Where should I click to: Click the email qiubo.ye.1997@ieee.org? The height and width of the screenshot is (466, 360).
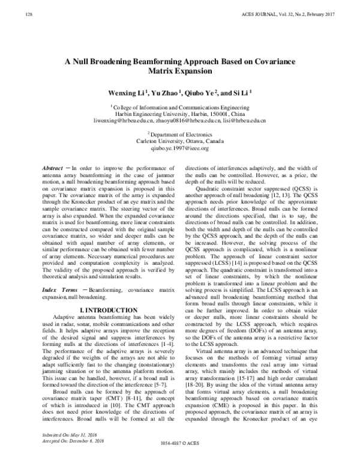tap(179, 148)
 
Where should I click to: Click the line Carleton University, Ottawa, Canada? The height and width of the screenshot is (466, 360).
tap(179, 141)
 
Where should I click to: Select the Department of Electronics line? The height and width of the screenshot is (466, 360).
tap(180, 135)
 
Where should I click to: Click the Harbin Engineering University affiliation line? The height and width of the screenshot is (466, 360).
tap(179, 114)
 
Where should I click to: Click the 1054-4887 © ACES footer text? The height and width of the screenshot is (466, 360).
tap(179, 460)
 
